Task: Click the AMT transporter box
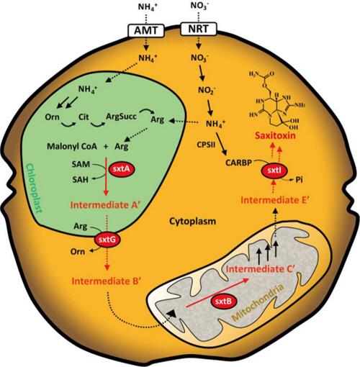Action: click(x=146, y=30)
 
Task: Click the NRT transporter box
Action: click(x=199, y=29)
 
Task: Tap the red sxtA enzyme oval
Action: click(x=122, y=169)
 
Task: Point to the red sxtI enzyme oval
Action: click(x=274, y=171)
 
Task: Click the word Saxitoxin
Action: click(x=275, y=136)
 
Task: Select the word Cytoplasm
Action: click(x=193, y=221)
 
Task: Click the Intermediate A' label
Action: click(x=104, y=205)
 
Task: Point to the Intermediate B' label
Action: click(x=106, y=281)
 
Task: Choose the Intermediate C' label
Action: click(x=260, y=269)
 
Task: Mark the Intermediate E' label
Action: click(x=274, y=200)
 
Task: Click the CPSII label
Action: click(x=206, y=145)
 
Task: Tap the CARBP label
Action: click(x=238, y=163)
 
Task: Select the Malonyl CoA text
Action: click(x=72, y=146)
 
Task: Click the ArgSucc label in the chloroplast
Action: click(x=122, y=117)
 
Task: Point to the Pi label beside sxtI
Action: click(x=299, y=180)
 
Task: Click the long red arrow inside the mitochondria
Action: click(x=217, y=293)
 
